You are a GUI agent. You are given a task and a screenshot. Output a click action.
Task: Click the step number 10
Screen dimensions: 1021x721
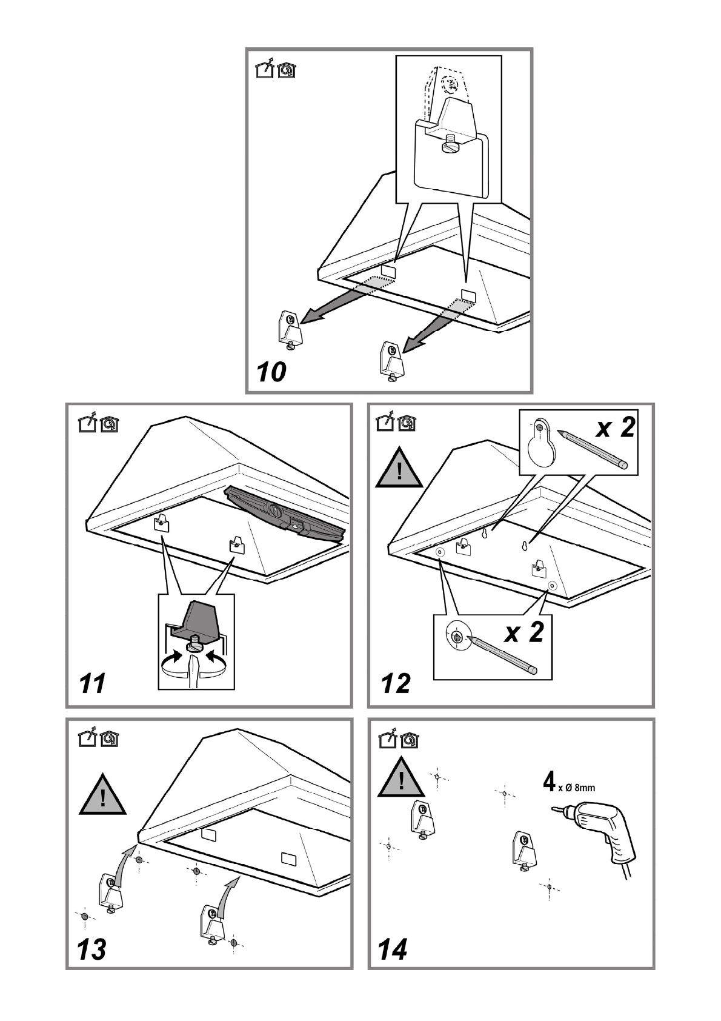click(x=271, y=372)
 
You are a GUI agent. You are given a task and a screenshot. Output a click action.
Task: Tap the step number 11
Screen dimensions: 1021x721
click(x=92, y=683)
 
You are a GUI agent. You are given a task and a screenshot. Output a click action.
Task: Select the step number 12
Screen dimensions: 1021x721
click(x=396, y=683)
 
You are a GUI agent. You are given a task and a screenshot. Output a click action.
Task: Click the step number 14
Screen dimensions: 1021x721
click(x=393, y=949)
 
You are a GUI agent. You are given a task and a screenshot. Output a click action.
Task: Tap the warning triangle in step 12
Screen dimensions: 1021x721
click(x=399, y=469)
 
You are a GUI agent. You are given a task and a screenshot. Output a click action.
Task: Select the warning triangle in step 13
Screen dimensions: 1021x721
click(x=102, y=795)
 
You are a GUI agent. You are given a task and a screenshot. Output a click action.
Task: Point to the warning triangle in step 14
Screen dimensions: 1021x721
click(x=400, y=778)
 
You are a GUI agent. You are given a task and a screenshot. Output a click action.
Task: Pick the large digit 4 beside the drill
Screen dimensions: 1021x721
click(x=549, y=782)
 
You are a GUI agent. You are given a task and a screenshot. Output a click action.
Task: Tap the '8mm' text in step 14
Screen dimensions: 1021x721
click(x=585, y=788)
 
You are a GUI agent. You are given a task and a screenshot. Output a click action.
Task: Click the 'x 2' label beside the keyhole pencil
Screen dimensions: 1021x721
click(x=615, y=427)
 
